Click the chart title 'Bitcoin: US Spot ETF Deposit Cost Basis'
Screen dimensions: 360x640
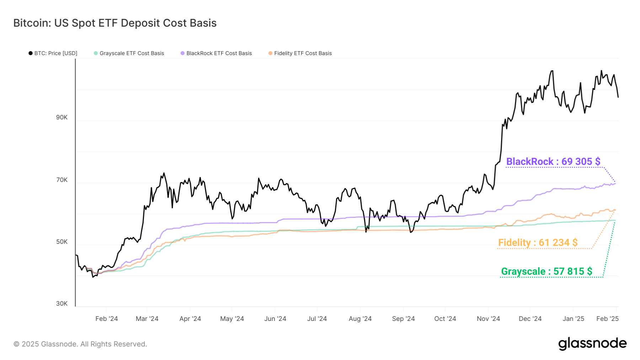tap(115, 23)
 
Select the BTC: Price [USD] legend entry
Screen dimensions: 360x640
tap(53, 53)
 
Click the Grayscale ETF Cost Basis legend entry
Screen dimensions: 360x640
tap(129, 53)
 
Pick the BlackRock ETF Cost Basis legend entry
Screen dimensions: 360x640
tap(216, 53)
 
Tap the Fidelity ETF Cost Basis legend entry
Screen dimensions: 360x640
tap(300, 53)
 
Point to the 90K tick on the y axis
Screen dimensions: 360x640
tap(62, 118)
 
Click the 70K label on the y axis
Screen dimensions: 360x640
tap(62, 180)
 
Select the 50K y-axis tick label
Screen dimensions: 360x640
tap(62, 242)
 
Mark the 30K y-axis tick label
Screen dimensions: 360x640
tap(62, 304)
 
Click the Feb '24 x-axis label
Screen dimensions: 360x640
tap(107, 319)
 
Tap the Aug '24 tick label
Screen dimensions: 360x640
tap(360, 319)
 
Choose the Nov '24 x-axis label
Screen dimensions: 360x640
tap(488, 319)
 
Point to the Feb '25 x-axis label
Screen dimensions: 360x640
tap(607, 319)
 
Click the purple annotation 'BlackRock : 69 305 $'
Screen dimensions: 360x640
tap(553, 162)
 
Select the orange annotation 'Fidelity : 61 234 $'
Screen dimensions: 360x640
tap(538, 243)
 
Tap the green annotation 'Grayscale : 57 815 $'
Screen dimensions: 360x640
tap(546, 272)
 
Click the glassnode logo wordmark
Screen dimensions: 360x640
tap(592, 344)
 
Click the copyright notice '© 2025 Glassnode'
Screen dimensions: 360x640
tap(80, 344)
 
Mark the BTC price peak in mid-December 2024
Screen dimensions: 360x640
tap(552, 71)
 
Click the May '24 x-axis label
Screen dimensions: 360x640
tap(232, 319)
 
